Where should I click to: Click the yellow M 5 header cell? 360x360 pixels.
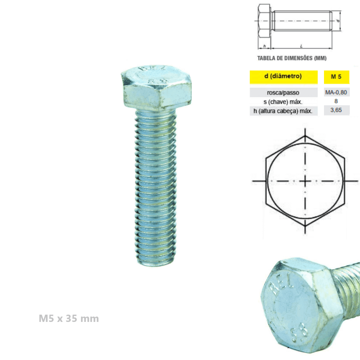pos(337,77)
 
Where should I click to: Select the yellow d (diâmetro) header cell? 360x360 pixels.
pos(283,77)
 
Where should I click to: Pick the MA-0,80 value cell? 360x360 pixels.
pos(337,92)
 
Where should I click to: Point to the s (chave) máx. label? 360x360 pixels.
pos(283,102)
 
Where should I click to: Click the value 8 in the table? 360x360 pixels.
pos(336,101)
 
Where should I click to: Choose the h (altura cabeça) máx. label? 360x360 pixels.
pos(283,111)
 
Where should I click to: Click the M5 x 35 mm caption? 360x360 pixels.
pos(69,318)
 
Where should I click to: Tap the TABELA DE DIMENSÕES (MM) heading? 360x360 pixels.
pos(292,58)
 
